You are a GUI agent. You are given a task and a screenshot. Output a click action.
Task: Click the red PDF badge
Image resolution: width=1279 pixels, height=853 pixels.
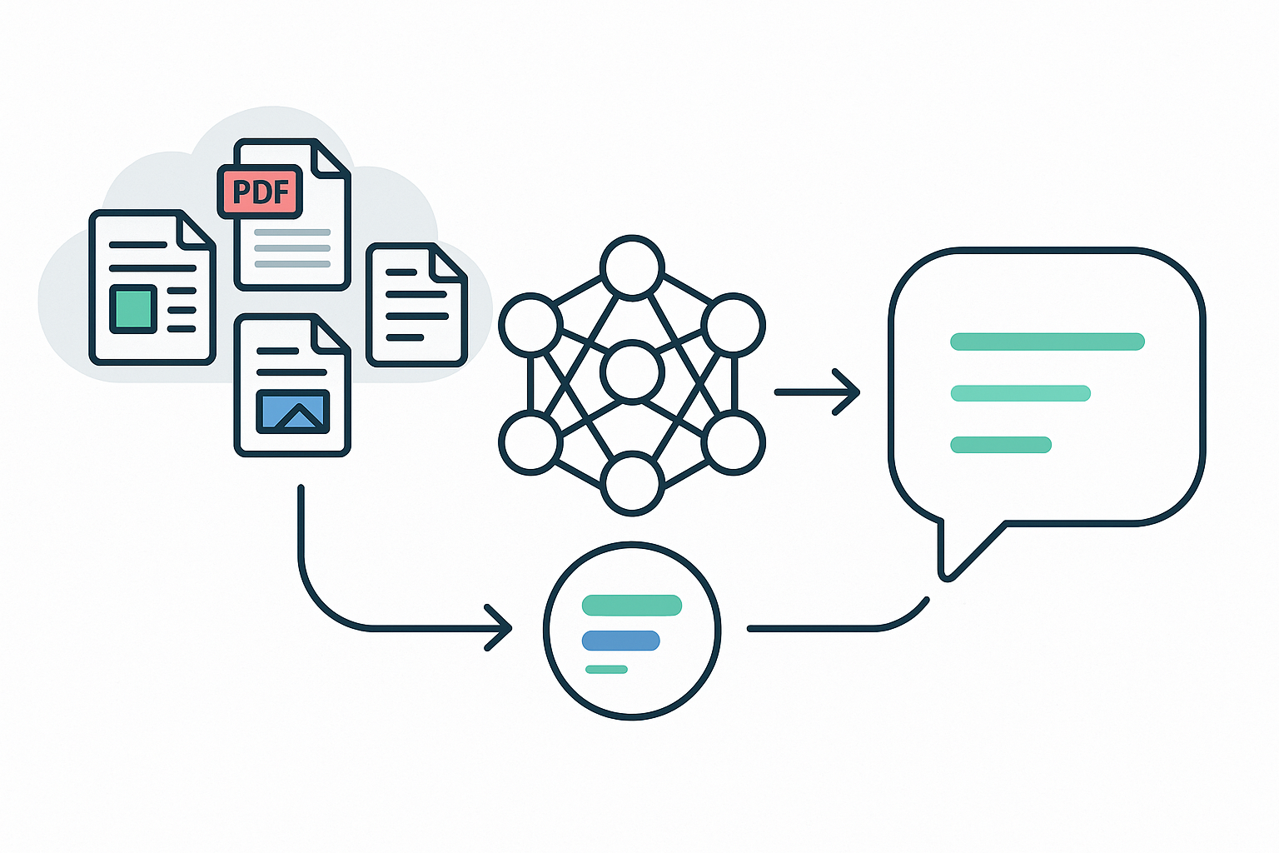click(x=260, y=192)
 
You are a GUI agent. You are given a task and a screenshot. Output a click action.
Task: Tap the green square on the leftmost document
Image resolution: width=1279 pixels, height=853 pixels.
click(x=133, y=308)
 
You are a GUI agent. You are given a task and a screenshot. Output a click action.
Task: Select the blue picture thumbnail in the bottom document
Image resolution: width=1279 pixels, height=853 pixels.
click(x=292, y=412)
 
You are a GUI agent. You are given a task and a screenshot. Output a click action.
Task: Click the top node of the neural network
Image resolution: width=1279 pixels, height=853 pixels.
click(x=632, y=267)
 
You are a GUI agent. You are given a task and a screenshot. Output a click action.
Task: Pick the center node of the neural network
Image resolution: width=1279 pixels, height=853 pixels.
click(x=632, y=372)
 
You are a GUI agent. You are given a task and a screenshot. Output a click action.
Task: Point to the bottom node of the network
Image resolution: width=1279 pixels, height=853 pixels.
click(x=632, y=483)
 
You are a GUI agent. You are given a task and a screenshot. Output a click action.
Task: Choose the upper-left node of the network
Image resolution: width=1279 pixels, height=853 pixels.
click(x=530, y=324)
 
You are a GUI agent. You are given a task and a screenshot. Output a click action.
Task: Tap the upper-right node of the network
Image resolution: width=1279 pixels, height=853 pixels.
click(x=734, y=324)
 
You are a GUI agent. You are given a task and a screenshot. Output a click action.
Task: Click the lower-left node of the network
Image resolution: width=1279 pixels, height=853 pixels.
click(x=530, y=442)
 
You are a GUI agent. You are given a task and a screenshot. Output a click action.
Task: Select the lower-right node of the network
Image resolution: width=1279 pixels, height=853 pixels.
click(x=734, y=442)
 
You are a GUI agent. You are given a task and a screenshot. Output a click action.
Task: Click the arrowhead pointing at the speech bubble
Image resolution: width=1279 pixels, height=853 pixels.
click(x=848, y=392)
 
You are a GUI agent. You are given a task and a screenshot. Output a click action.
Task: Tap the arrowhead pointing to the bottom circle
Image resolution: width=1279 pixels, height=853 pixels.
click(x=500, y=628)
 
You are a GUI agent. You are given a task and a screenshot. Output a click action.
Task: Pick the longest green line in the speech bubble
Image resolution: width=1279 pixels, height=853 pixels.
click(x=1048, y=341)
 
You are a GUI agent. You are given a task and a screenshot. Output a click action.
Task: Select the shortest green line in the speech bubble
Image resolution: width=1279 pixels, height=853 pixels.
click(x=1001, y=445)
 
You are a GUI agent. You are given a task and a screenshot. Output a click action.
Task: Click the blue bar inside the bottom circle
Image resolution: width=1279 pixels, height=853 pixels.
click(x=621, y=641)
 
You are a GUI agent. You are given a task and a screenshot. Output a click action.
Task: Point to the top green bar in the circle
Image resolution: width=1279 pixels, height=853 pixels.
click(x=632, y=606)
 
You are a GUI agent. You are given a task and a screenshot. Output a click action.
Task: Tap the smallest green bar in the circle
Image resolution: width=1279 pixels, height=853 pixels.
click(x=606, y=670)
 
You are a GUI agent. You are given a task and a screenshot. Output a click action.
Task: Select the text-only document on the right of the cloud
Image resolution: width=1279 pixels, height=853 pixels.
click(x=416, y=305)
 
